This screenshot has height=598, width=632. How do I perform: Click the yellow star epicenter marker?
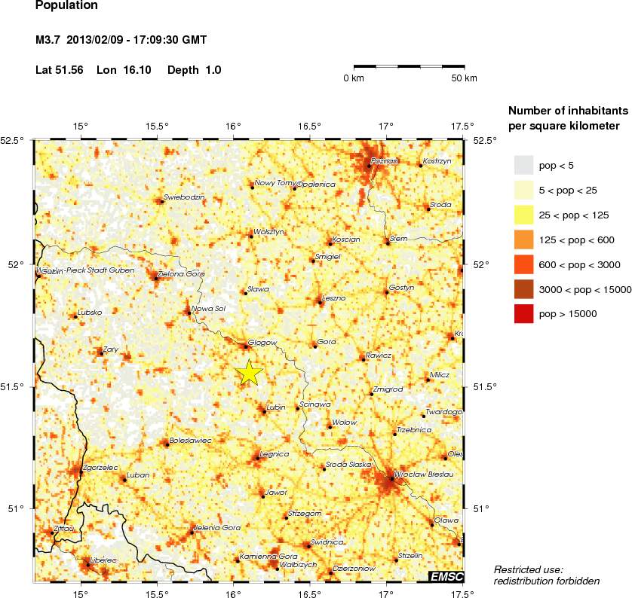pyautogui.click(x=249, y=373)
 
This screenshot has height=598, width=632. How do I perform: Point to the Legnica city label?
pyautogui.click(x=274, y=454)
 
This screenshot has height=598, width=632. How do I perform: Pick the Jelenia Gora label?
pyautogui.click(x=216, y=528)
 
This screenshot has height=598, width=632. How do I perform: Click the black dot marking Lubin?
pyautogui.click(x=264, y=411)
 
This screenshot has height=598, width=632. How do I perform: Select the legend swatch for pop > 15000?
pyautogui.click(x=524, y=315)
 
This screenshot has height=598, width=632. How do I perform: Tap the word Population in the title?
pyautogui.click(x=66, y=6)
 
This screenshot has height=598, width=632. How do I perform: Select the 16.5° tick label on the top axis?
pyautogui.click(x=310, y=126)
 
